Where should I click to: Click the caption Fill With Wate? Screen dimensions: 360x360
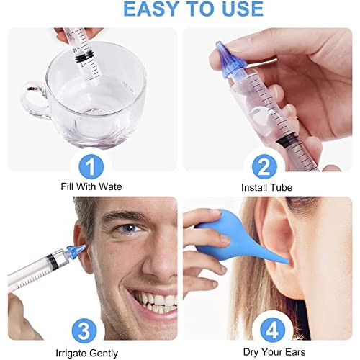pyautogui.click(x=91, y=187)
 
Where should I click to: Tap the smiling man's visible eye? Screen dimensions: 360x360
pyautogui.click(x=130, y=229)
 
